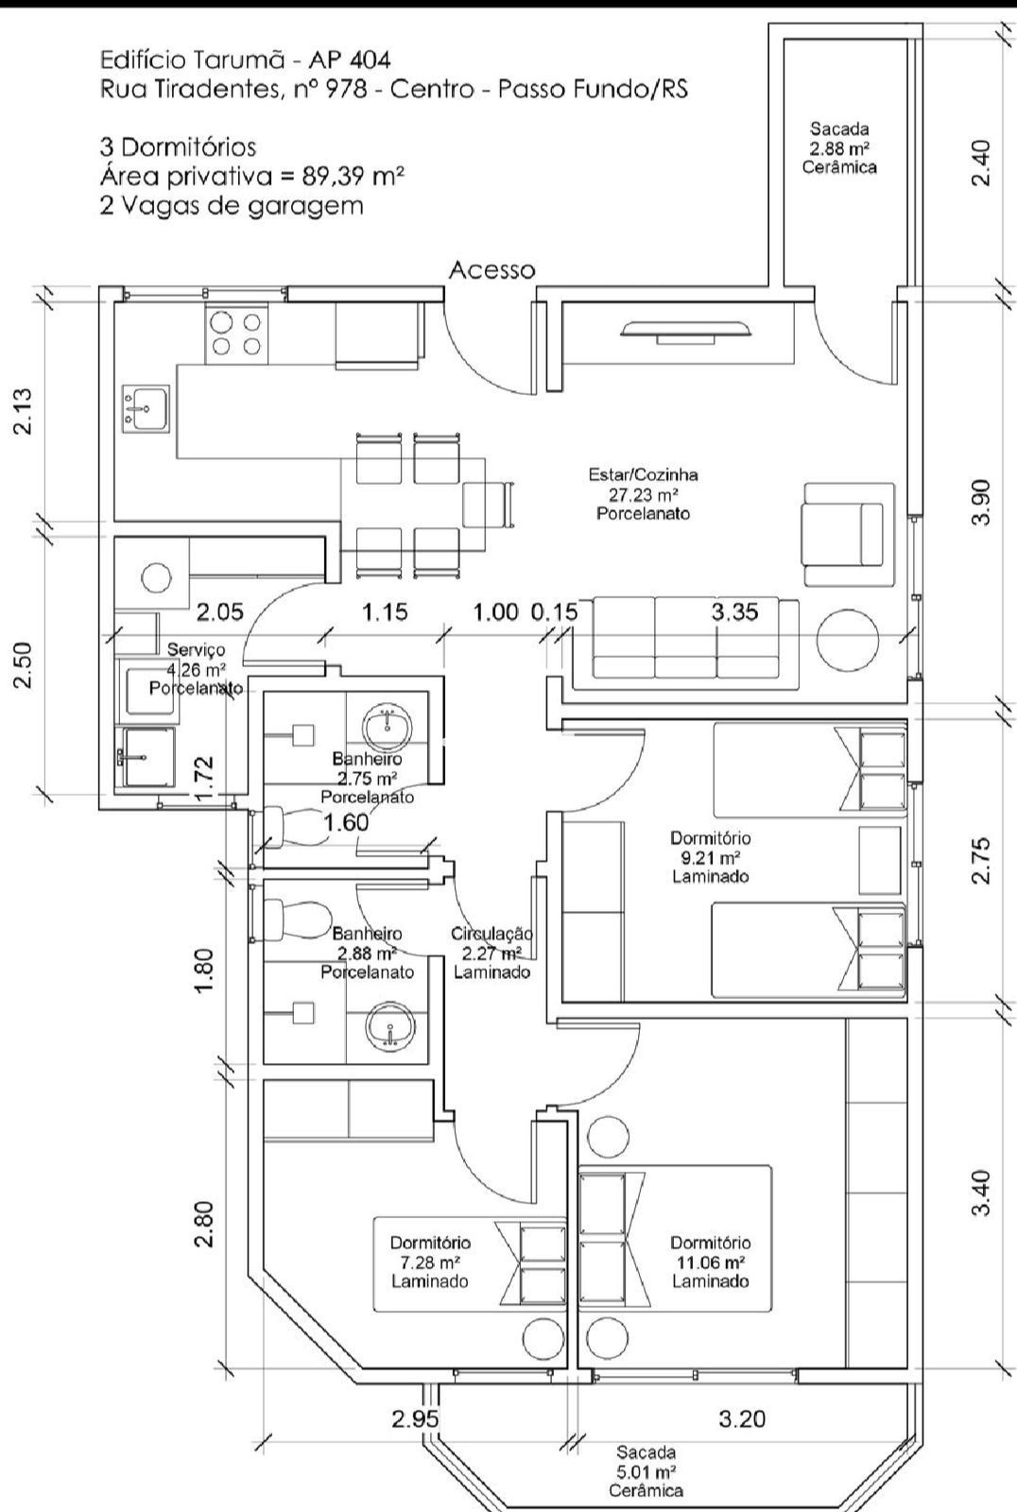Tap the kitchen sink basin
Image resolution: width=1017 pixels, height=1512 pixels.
pos(145,409)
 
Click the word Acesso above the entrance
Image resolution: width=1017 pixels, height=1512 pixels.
pos(491,270)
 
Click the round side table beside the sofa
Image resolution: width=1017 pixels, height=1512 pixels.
pos(848,639)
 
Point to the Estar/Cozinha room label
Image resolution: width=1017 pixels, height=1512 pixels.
pos(643,494)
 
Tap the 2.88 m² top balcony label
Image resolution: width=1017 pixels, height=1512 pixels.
pos(839,147)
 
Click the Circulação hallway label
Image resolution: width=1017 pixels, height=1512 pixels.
pos(491,953)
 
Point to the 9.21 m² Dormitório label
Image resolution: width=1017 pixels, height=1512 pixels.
pos(710,857)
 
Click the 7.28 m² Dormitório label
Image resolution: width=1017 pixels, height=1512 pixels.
pos(430,1262)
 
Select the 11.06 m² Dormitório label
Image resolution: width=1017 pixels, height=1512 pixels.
pos(710,1262)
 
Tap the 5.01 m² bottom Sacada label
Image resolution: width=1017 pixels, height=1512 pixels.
pos(646,1470)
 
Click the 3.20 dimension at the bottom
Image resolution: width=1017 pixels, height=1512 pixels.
pos(742,1418)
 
